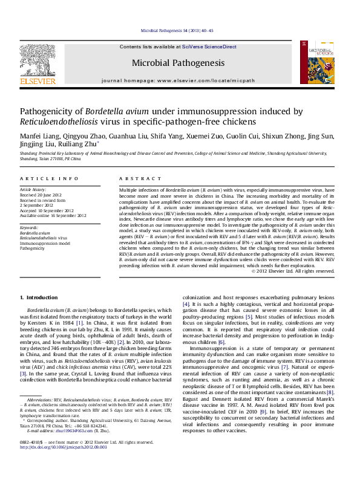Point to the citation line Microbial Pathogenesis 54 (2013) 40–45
click(177, 30)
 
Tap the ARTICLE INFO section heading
click(49, 179)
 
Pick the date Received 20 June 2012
click(44, 196)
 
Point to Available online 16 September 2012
click(53, 215)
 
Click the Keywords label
click(30, 227)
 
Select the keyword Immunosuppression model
click(45, 242)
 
